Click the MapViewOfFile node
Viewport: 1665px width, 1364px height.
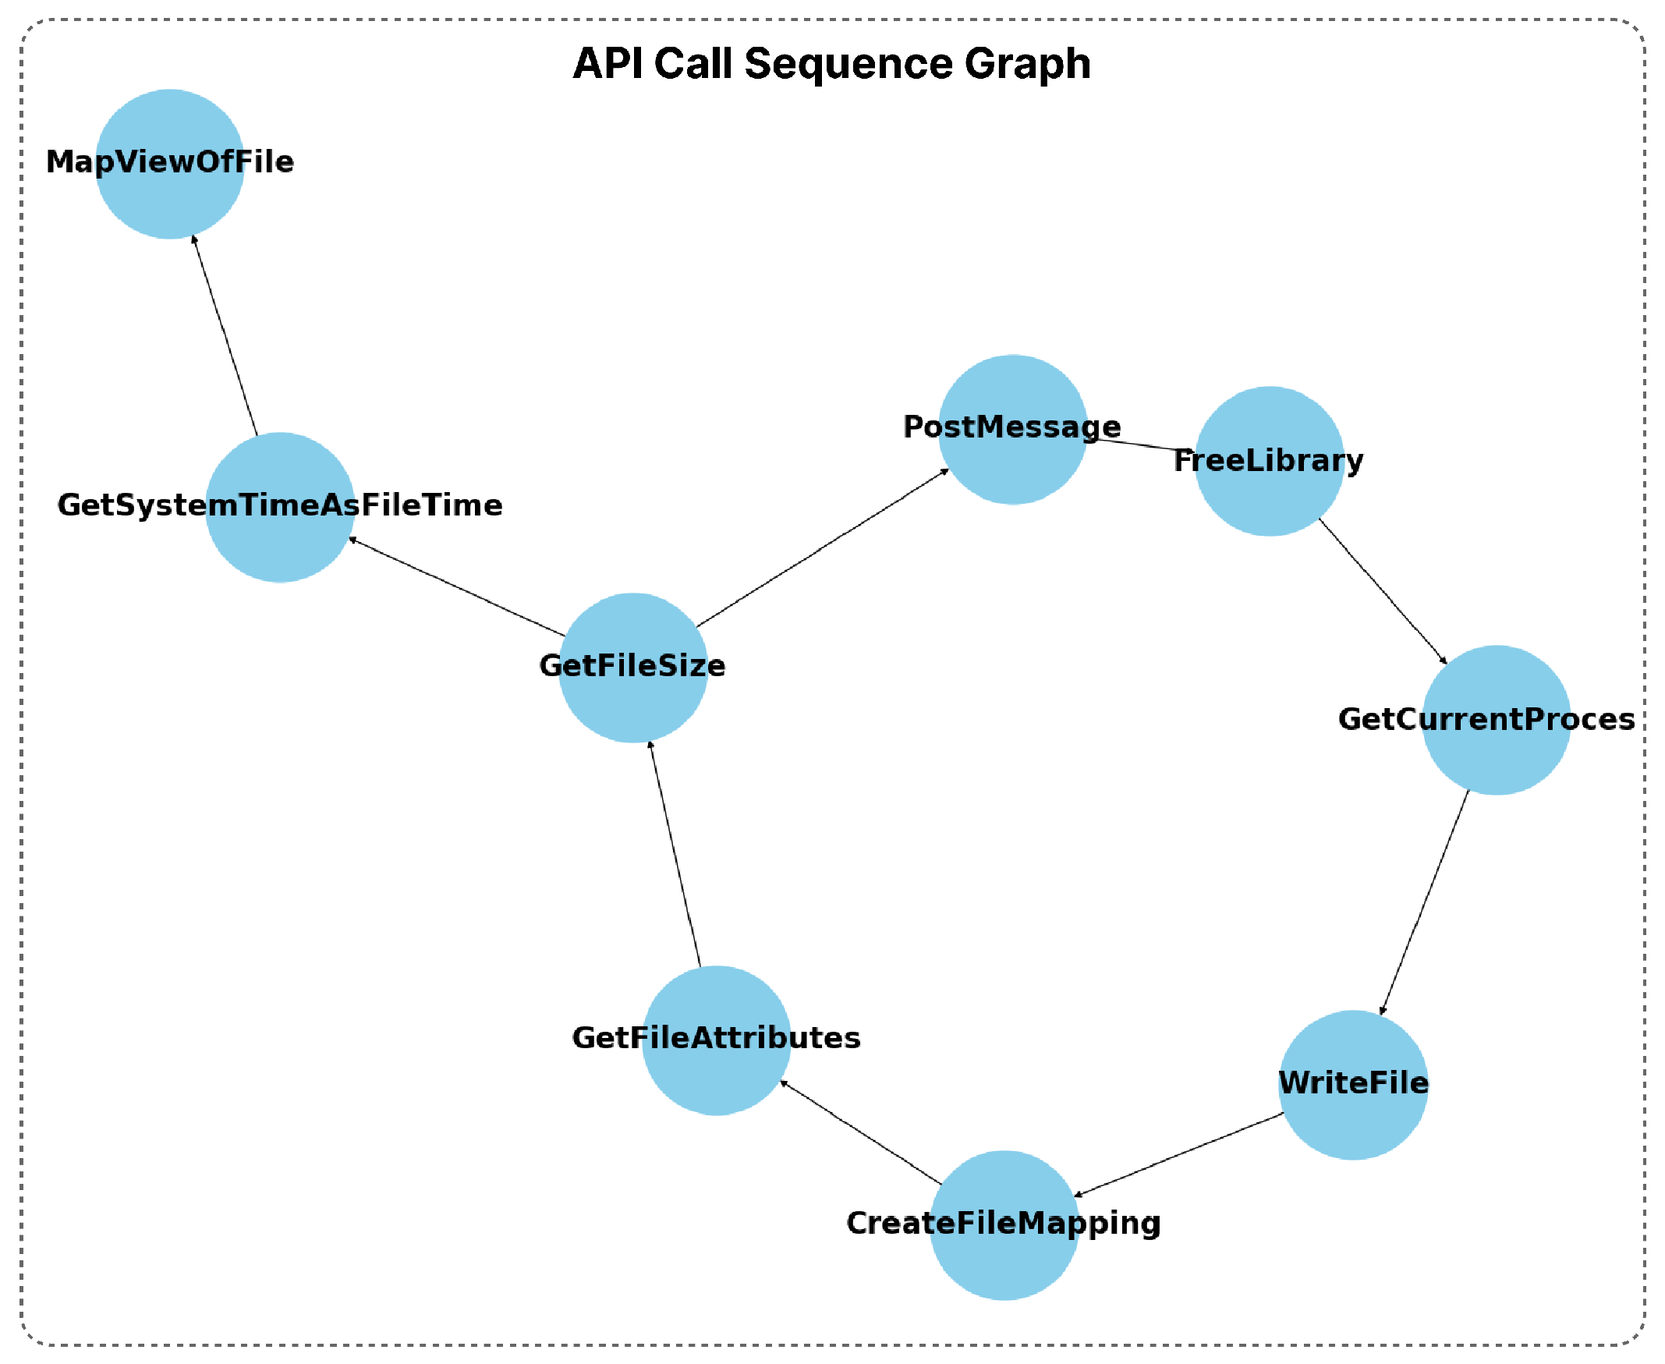pyautogui.click(x=170, y=164)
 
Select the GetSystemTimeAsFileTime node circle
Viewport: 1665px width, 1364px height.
pyautogui.click(x=280, y=508)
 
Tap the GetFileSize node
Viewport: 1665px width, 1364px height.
pyautogui.click(x=632, y=668)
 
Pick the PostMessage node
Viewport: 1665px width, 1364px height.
pyautogui.click(x=1013, y=429)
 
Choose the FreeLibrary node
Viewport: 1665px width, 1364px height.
pyautogui.click(x=1269, y=461)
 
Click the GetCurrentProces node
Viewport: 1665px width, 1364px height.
pyautogui.click(x=1496, y=720)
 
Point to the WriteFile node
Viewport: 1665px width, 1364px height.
pyautogui.click(x=1353, y=1085)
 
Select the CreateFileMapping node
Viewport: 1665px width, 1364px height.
pyautogui.click(x=1004, y=1225)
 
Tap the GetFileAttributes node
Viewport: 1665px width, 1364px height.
pyautogui.click(x=716, y=1040)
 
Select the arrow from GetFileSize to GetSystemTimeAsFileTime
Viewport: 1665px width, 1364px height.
pyautogui.click(x=457, y=587)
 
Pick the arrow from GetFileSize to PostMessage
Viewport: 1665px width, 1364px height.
pyautogui.click(x=822, y=547)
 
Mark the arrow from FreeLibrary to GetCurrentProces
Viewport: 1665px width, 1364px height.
pyautogui.click(x=1382, y=591)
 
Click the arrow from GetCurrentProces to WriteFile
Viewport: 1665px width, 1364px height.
pyautogui.click(x=1424, y=903)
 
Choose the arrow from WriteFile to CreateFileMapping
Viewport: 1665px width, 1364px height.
pyautogui.click(x=1178, y=1155)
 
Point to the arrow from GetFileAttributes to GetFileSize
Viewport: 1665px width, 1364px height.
pyautogui.click(x=674, y=854)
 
